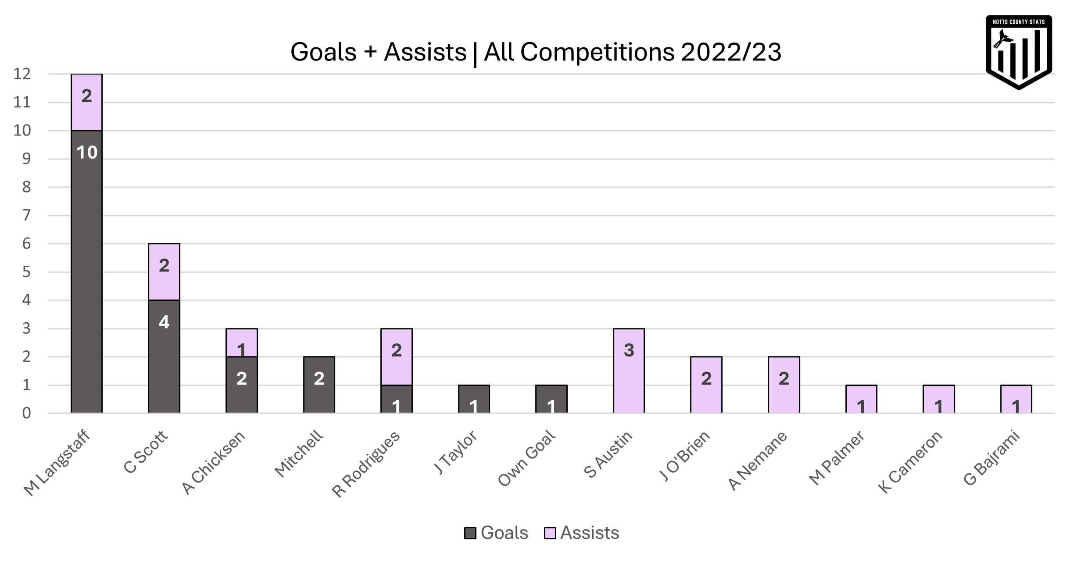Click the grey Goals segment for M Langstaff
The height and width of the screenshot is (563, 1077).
tap(86, 272)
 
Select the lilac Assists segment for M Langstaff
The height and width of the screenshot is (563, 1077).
tap(86, 102)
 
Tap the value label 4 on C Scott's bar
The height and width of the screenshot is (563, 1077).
tap(164, 322)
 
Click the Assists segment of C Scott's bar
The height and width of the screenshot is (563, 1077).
tap(164, 272)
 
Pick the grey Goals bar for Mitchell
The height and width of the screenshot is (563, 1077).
tap(319, 385)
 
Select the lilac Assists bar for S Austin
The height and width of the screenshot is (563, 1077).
tap(629, 371)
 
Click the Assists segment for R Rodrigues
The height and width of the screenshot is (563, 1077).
tap(396, 357)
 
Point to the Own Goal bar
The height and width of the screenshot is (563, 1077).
tap(551, 399)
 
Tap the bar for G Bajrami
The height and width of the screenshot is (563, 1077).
tap(1016, 399)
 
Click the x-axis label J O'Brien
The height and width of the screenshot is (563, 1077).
tap(685, 456)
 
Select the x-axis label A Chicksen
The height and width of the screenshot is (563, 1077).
tap(214, 463)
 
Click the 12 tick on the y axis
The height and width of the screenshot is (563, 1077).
tap(22, 75)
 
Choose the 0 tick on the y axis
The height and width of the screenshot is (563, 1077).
tap(26, 413)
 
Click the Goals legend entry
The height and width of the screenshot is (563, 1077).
tap(497, 533)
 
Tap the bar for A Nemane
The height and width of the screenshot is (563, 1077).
tap(784, 385)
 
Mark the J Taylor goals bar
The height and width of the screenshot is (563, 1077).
tap(474, 399)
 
